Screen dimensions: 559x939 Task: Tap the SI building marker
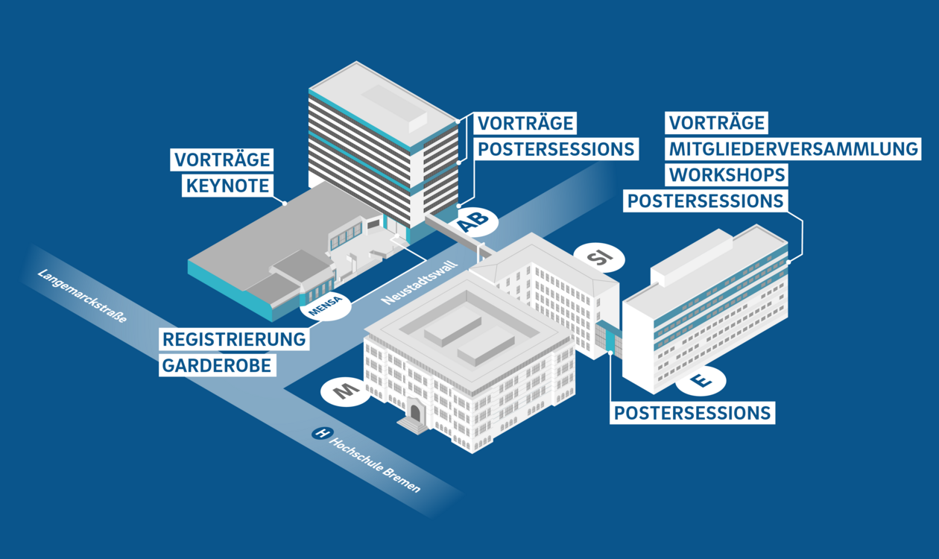pyautogui.click(x=599, y=258)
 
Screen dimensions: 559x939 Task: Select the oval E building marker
pyautogui.click(x=701, y=381)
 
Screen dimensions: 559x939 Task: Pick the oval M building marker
pyautogui.click(x=344, y=391)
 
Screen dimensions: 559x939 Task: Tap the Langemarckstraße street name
pyautogui.click(x=82, y=295)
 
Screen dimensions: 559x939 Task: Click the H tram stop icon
pyautogui.click(x=322, y=432)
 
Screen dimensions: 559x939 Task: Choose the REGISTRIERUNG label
pyautogui.click(x=235, y=339)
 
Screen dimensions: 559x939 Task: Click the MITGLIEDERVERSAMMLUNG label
pyautogui.click(x=794, y=148)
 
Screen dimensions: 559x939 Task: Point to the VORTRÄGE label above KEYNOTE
pyautogui.click(x=221, y=160)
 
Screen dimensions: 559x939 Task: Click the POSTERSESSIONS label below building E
pyautogui.click(x=692, y=413)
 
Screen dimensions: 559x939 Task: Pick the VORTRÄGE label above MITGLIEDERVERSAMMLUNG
pyautogui.click(x=716, y=122)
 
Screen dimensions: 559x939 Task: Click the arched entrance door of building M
pyautogui.click(x=415, y=411)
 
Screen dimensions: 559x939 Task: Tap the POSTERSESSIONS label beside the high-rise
pyautogui.click(x=555, y=148)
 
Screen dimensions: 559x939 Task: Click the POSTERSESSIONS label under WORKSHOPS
pyautogui.click(x=705, y=200)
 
